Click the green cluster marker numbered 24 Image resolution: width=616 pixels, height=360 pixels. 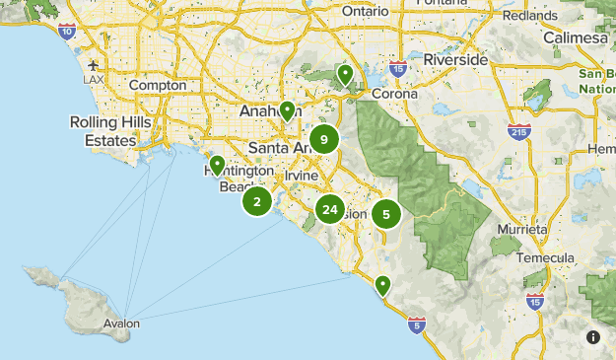pos(329,209)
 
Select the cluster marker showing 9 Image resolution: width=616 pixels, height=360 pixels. pos(323,140)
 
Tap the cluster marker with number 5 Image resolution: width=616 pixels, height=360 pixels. pos(386,213)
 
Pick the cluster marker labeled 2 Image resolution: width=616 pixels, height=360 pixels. pos(257,202)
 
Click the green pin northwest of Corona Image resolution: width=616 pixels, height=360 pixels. pos(345,75)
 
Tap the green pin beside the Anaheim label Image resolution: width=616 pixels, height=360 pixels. pos(287,111)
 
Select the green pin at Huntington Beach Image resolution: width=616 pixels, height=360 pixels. pos(217,166)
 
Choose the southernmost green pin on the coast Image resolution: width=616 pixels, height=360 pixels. pos(382,286)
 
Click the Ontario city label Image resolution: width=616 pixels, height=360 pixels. pos(366,10)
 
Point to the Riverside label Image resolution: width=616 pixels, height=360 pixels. pos(455,59)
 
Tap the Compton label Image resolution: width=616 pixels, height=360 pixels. pos(158,86)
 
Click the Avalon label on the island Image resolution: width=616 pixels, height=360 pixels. pos(120,324)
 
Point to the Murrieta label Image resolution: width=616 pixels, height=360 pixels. pos(522,228)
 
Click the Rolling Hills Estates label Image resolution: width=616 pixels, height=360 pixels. pos(102,131)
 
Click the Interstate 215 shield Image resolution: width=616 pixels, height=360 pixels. pos(517,129)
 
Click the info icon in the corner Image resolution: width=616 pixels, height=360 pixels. pos(593,337)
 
